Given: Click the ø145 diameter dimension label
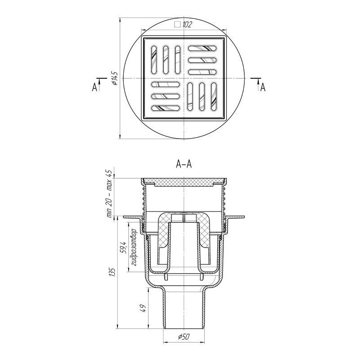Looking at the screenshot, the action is pos(115,78).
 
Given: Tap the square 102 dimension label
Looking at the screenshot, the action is pos(183,25).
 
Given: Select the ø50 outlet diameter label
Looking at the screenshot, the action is pos(184,337).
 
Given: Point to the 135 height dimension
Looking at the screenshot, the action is pos(113,272).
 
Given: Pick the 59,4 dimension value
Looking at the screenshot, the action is pos(124,247).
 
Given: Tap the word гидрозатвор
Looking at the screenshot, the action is pos(134,247).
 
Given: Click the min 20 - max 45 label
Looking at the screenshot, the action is pos(110,194).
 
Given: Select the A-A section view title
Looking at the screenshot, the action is pos(184,164).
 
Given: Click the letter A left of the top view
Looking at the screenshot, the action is pos(94,87).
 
